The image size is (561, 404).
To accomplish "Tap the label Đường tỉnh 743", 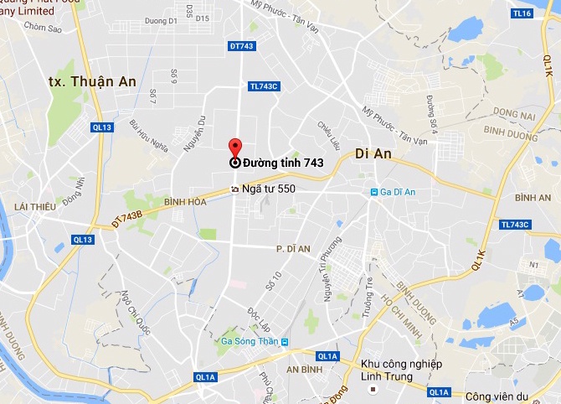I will click(x=283, y=163).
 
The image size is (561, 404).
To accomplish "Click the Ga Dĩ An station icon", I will click(x=375, y=194).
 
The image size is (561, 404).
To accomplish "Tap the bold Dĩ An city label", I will click(x=373, y=153).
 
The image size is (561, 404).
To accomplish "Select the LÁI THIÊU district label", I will click(x=33, y=206).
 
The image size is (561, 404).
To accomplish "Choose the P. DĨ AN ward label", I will click(x=293, y=249).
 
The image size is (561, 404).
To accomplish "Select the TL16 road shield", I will click(x=522, y=13).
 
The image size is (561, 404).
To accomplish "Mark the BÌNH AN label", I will click(x=533, y=197).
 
